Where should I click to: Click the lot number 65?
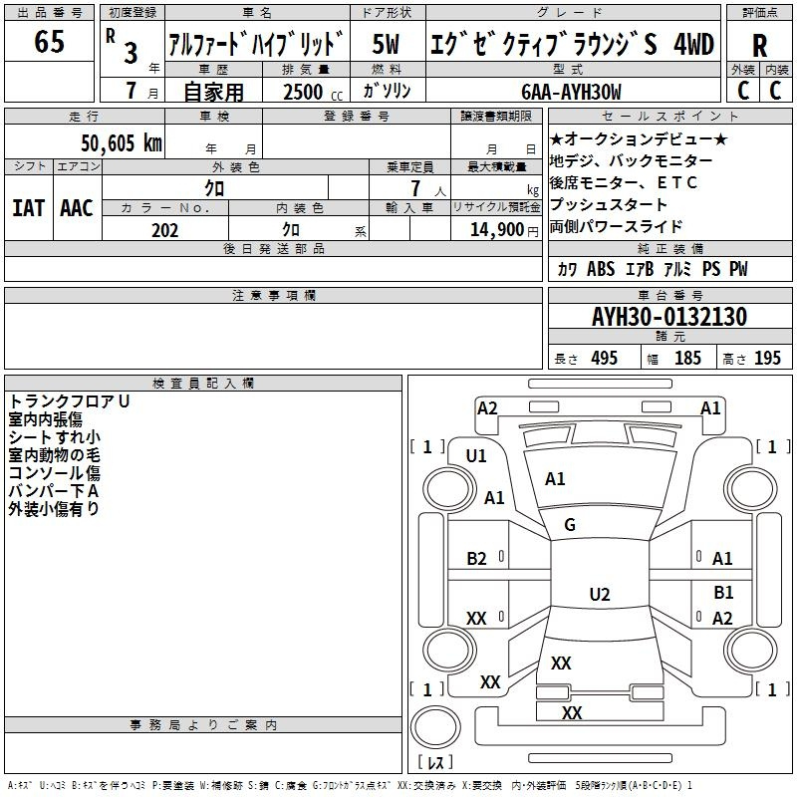coord(49,41)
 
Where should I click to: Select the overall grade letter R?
coord(759,46)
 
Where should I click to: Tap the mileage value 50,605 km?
coord(122,142)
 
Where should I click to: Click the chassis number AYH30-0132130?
coord(669,316)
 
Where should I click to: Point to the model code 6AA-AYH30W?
coord(571,92)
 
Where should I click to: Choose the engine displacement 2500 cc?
coord(313,92)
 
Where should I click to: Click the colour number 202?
coord(164,230)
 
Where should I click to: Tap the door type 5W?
coord(386,44)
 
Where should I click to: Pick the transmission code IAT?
coord(29,208)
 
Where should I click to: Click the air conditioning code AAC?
coord(77,208)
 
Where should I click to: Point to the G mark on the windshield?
coord(570,524)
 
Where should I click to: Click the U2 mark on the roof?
coord(600,594)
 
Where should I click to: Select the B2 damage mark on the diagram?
coord(476,559)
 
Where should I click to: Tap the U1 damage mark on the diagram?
coord(476,456)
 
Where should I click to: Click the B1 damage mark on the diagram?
coord(723,592)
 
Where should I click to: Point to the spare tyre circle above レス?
coord(435,726)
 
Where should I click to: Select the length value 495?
coord(604,358)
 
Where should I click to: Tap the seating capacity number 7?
coord(415,188)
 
